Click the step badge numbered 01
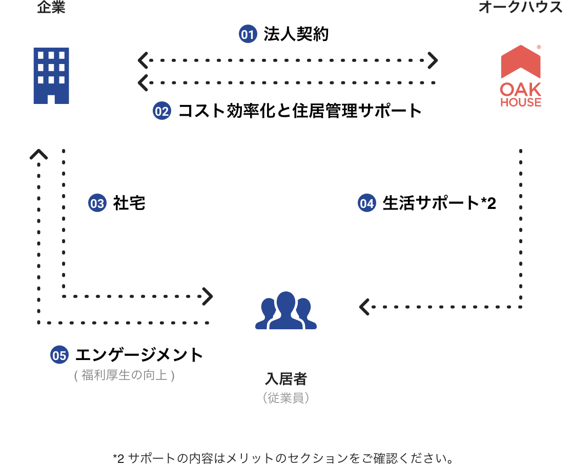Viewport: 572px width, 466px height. pos(248,35)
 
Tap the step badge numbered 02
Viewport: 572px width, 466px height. pos(162,111)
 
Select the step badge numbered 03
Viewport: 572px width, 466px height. pos(97,204)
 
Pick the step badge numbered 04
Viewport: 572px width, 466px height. pos(366,204)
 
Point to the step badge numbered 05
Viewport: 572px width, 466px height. pos(59,355)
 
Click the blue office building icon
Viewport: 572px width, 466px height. pos(51,76)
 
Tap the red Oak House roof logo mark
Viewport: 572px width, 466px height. pos(520,61)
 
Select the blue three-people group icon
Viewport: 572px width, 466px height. pos(286,310)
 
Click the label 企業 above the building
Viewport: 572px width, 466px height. pos(51,8)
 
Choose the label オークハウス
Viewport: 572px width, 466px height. pos(520,8)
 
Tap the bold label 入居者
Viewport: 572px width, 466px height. pos(286,379)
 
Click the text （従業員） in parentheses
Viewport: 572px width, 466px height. pos(286,398)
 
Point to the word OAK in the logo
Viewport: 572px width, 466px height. pos(520,89)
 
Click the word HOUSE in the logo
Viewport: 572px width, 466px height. pos(520,102)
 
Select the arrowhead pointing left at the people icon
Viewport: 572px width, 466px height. pos(364,307)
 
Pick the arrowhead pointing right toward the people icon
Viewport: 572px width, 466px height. pos(208,296)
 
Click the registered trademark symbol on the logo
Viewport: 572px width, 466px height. pos(539,47)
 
